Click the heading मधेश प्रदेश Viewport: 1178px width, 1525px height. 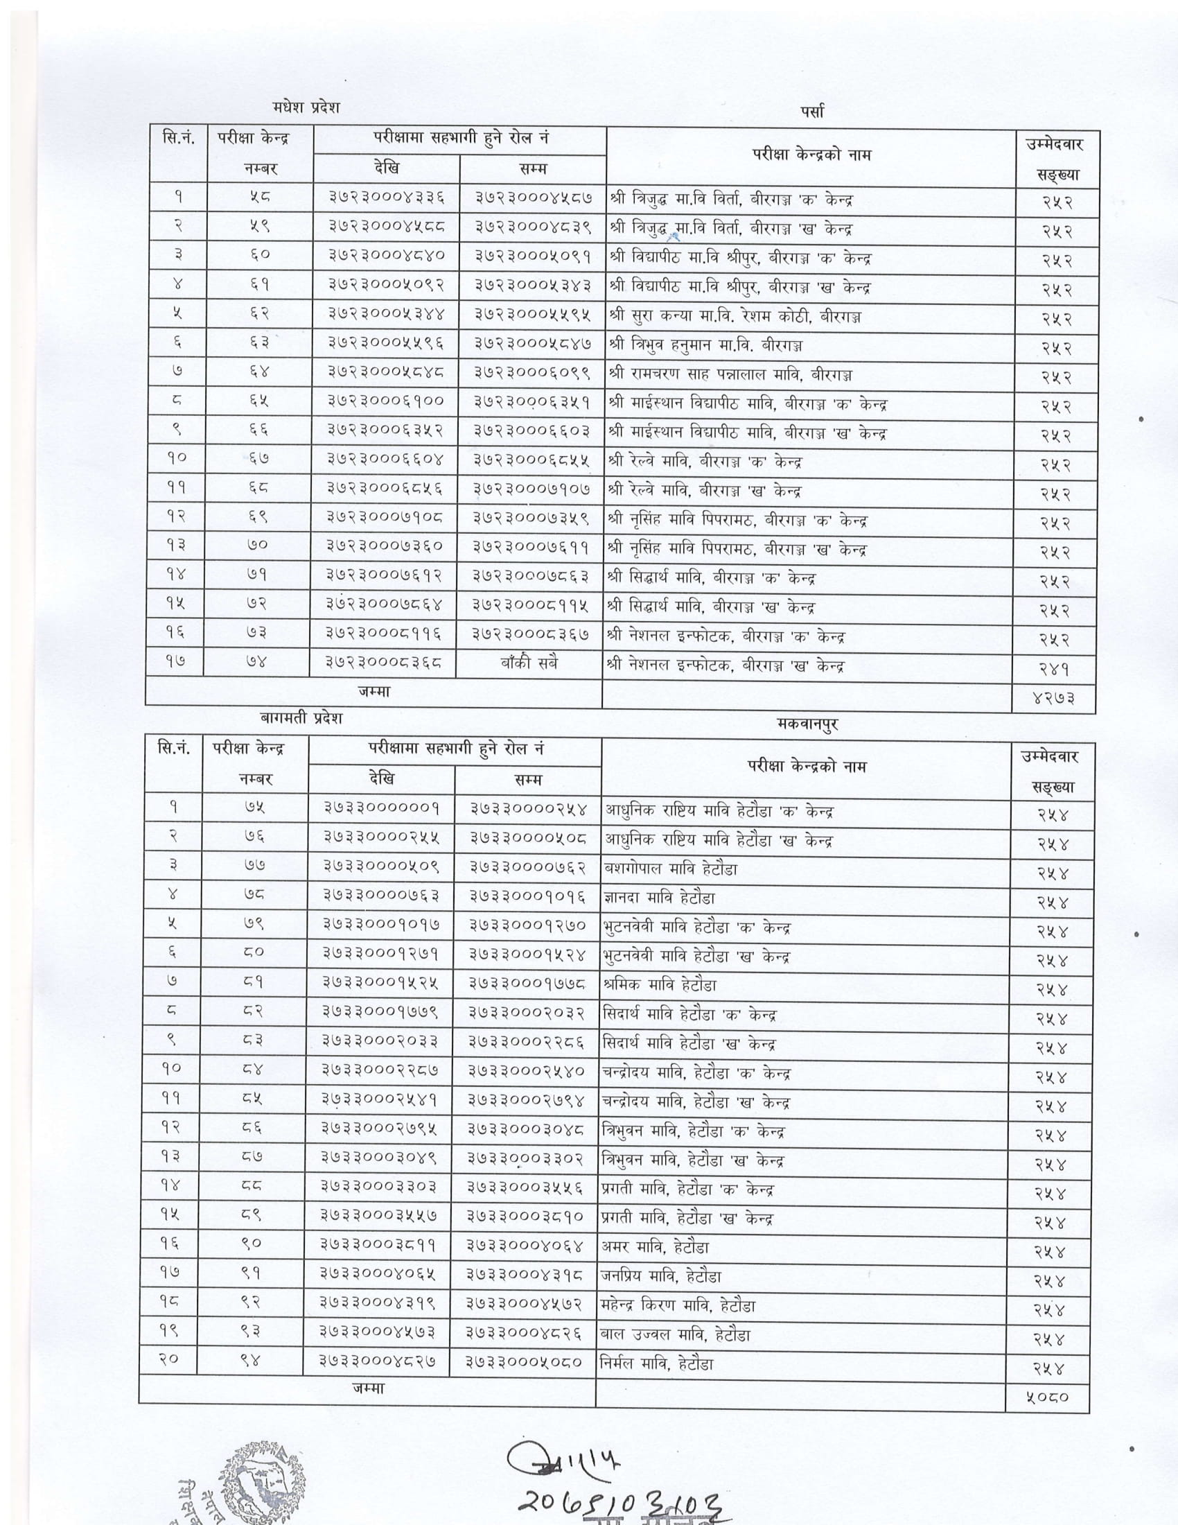(306, 108)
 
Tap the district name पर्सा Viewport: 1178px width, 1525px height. (812, 111)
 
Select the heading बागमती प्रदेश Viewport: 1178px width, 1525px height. (300, 717)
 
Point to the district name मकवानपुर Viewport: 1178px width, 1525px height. (807, 724)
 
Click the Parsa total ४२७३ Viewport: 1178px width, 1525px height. (1053, 699)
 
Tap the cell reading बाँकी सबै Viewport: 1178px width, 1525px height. (529, 663)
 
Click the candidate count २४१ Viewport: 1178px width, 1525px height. (1056, 669)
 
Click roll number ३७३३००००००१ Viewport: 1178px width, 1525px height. (382, 808)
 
